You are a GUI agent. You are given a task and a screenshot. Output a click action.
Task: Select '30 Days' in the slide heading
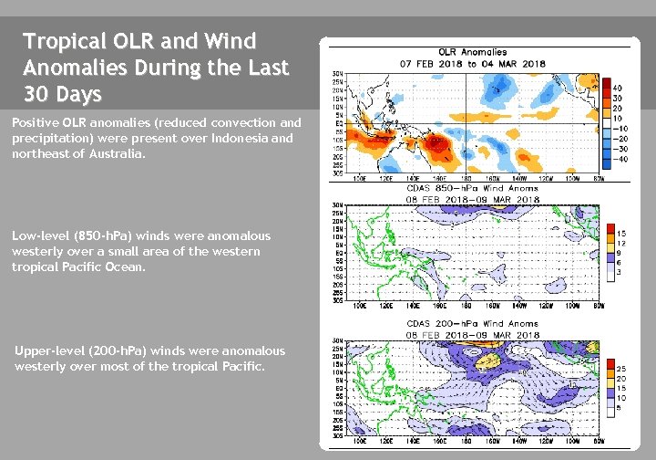coord(64,94)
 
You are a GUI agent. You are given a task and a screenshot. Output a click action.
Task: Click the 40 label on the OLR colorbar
coord(618,89)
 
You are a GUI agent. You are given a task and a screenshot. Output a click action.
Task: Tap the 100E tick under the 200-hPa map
coord(360,441)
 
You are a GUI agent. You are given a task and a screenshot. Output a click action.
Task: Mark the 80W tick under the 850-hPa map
coord(599,306)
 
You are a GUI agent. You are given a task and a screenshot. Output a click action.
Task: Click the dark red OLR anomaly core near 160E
coord(434,143)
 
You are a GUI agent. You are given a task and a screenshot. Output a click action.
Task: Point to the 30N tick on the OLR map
coord(337,73)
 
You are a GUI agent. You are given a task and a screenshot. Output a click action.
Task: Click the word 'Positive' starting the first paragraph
coord(31,122)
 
